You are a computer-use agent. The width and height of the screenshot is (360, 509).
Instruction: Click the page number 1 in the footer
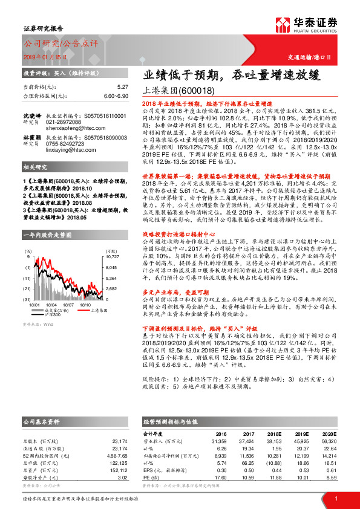coord(335,498)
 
